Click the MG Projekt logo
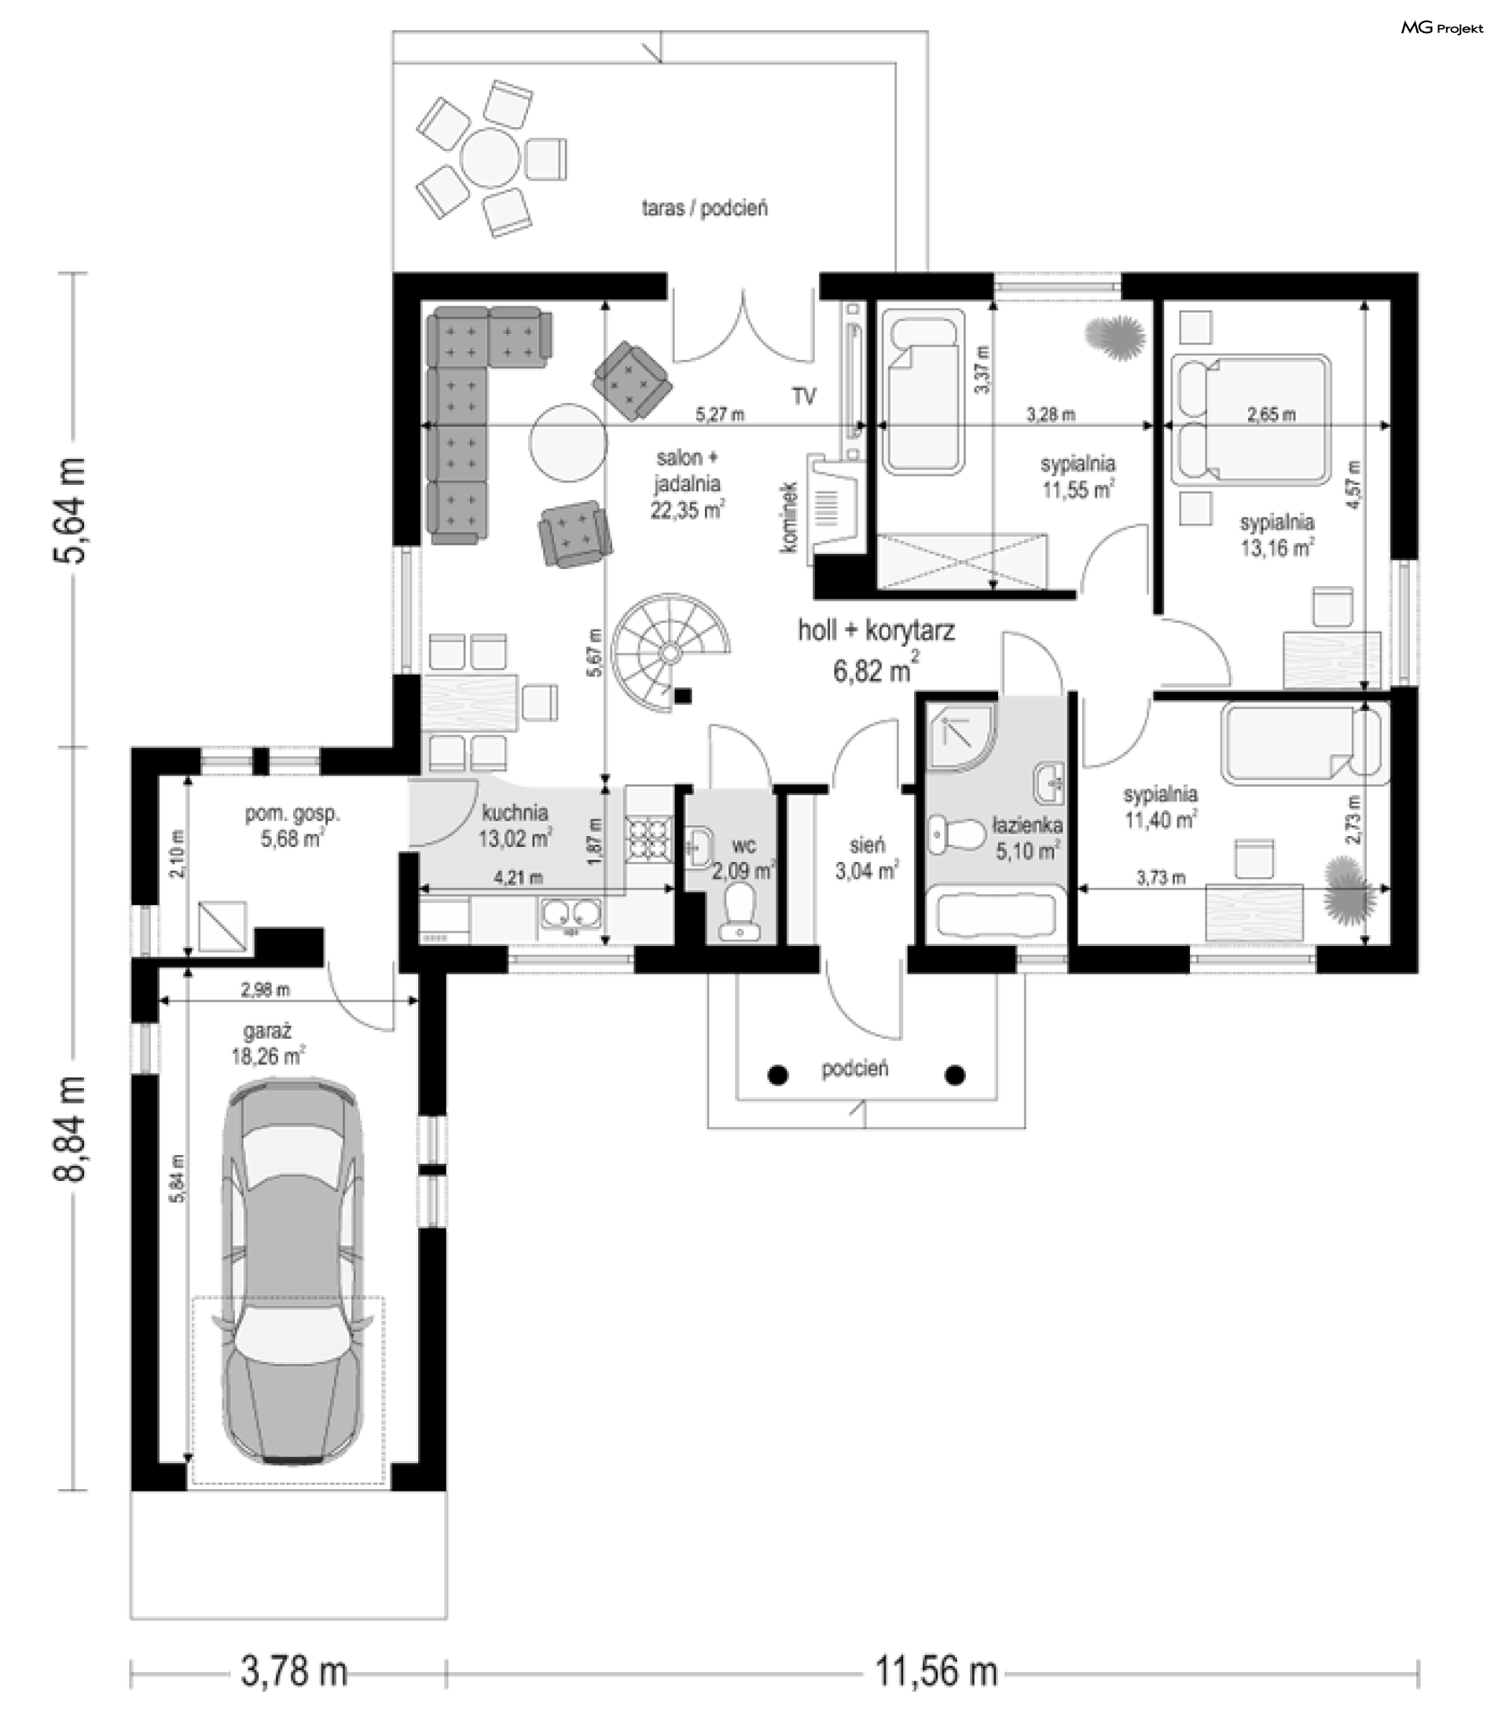[x=1441, y=28]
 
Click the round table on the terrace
[x=493, y=156]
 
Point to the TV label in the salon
[x=803, y=396]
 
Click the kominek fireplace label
[x=788, y=517]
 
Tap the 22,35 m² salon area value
[x=687, y=509]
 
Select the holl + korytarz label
[x=876, y=630]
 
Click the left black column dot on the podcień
[x=779, y=1075]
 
